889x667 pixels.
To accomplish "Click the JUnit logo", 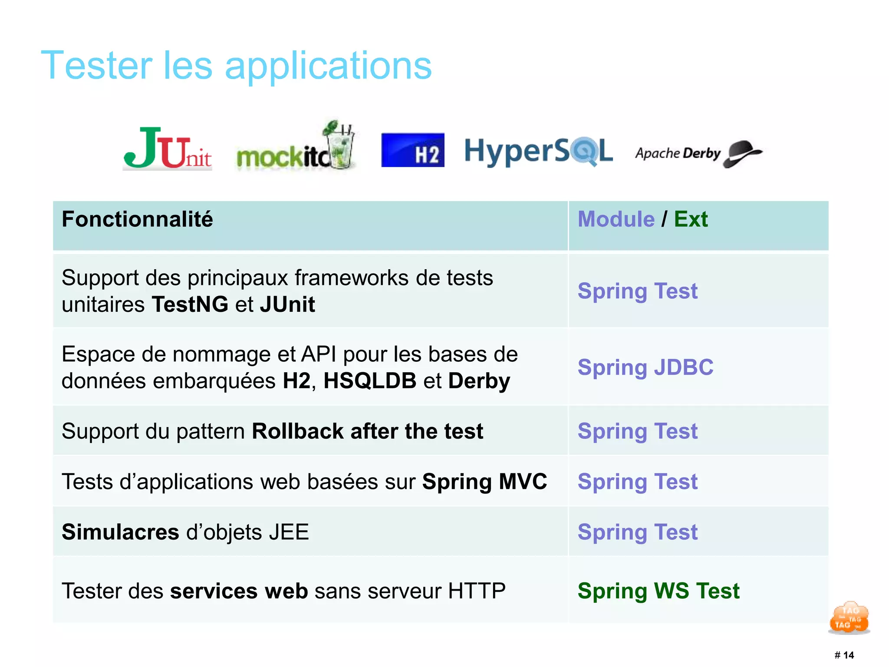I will click(x=167, y=148).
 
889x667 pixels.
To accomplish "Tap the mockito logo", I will click(x=295, y=148).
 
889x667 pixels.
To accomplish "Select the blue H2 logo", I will click(x=412, y=150).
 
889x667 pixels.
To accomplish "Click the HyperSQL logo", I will click(x=538, y=151).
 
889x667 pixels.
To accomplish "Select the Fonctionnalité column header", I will click(x=137, y=219).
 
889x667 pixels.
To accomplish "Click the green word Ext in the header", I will click(x=690, y=219).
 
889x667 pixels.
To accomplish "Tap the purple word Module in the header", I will click(x=616, y=219).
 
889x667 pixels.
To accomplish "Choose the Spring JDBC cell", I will click(x=645, y=367).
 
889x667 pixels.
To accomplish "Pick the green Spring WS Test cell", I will click(x=658, y=591).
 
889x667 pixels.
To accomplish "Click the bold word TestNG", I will click(x=190, y=304).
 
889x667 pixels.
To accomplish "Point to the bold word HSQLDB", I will click(x=370, y=381).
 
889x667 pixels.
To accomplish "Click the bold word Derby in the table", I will click(x=479, y=381).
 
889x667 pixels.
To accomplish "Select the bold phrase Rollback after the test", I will click(x=367, y=431).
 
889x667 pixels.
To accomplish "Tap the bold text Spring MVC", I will click(x=484, y=482).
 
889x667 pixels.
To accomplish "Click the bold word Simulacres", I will click(x=120, y=532).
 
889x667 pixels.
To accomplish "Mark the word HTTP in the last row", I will click(x=477, y=591).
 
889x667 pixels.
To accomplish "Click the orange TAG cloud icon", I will click(x=849, y=617).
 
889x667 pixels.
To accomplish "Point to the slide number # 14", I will click(x=844, y=655).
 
